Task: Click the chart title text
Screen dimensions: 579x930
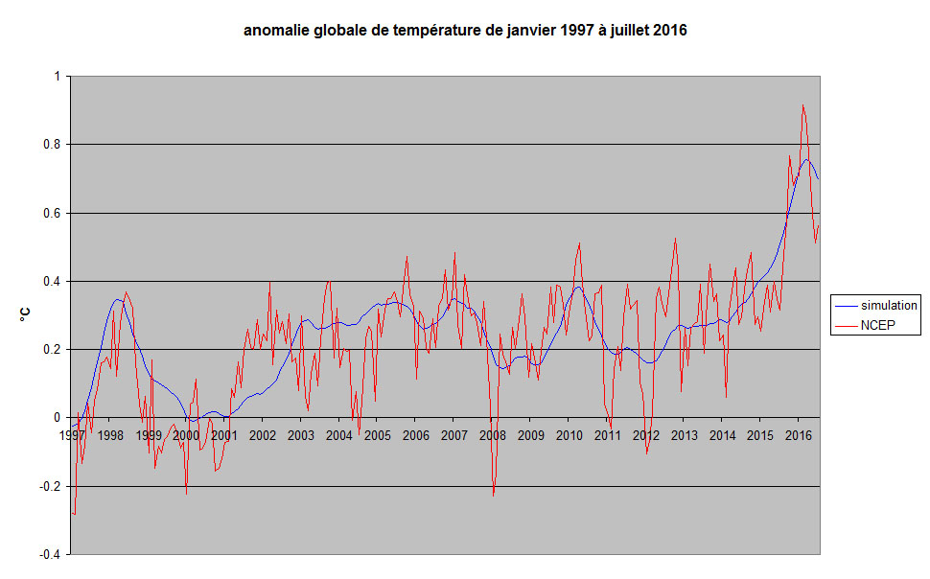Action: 465,31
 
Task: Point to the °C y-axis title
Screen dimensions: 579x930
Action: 28,314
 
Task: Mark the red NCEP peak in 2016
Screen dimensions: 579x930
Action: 802,105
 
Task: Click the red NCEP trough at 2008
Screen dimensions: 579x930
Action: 494,495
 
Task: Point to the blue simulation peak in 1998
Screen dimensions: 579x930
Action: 117,299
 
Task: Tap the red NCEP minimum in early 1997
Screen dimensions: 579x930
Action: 75,515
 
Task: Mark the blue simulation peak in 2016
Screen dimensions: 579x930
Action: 807,159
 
